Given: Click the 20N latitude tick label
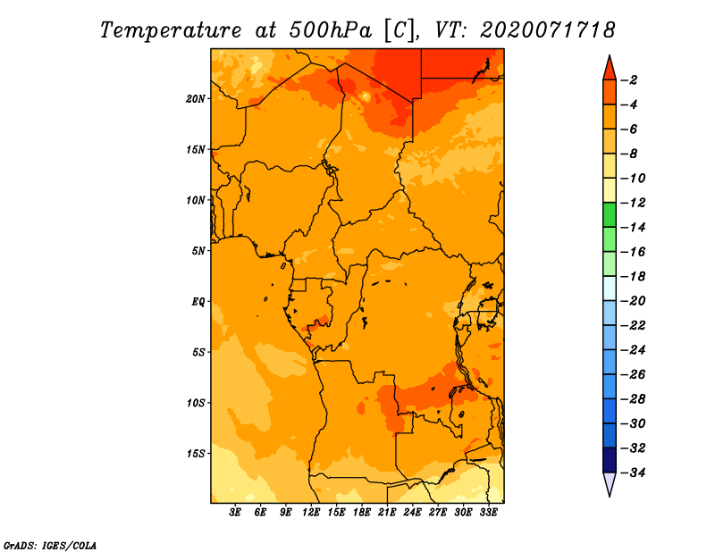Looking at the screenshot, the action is tap(196, 99).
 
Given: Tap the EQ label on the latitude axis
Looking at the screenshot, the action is tap(198, 302).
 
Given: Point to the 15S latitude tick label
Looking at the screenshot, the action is tap(196, 454).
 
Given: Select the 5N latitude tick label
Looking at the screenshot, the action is tap(198, 251).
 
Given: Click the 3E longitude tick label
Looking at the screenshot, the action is tap(235, 512).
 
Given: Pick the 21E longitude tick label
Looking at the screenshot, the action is tap(387, 512).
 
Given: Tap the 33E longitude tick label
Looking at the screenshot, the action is tap(488, 512).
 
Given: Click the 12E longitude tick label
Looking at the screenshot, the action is tap(310, 512).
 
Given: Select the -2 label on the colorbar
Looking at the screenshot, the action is tap(629, 80).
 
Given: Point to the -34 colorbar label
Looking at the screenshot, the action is tap(633, 473).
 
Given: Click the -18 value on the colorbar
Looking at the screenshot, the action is tap(633, 276).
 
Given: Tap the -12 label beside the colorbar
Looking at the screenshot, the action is tap(633, 203).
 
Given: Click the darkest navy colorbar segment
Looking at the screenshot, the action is tap(610, 460).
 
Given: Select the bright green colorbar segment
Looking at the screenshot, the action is tap(610, 214).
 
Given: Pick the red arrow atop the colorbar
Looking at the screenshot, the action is tap(610, 68).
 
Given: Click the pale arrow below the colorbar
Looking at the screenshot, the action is tap(610, 484).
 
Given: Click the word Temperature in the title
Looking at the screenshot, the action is tap(171, 30).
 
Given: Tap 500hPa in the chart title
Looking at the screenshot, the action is tap(330, 30).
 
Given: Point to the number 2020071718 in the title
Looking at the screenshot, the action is tap(548, 29).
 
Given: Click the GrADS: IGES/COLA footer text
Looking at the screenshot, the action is tap(50, 545).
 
